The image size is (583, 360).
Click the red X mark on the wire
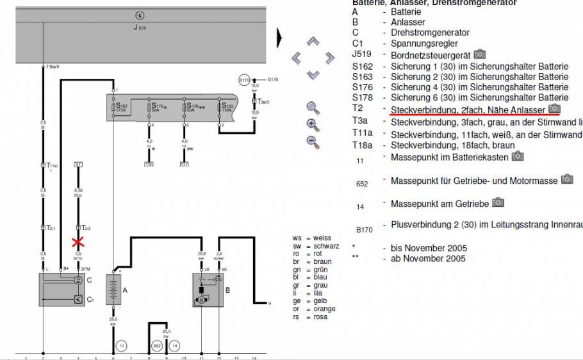coord(79,243)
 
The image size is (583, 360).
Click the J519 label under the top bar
coord(140,28)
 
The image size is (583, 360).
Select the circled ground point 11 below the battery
coord(122,346)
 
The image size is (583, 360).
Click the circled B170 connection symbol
coord(244,80)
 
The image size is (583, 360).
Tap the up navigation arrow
coord(313,42)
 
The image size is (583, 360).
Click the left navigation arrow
coord(297,58)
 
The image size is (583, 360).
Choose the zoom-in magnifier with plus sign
coord(313,124)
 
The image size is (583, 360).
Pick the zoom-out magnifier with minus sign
coord(313,141)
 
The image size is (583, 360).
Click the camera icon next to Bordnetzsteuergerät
coord(480,54)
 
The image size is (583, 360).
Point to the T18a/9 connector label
coord(53,67)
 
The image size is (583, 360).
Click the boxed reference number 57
coord(79,165)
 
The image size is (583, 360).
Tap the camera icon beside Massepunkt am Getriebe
coord(498,203)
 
